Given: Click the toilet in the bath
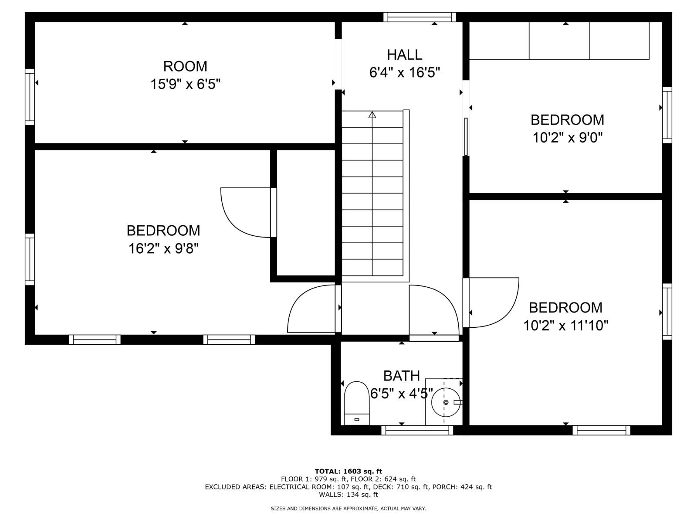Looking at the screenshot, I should (356, 402).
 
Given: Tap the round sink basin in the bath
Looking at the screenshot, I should (446, 402).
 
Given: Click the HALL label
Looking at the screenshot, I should (404, 55).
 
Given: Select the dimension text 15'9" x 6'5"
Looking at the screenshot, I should (185, 84).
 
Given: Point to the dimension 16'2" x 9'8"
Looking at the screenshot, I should (163, 249).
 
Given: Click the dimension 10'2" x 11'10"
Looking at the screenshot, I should (565, 326).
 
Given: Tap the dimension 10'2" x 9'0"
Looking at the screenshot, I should (567, 138).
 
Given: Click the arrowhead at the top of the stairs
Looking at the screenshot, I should (372, 115).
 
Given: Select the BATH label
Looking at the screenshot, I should (401, 376).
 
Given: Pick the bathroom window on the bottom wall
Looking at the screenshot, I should (417, 431).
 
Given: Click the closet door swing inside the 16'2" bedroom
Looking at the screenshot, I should (246, 212).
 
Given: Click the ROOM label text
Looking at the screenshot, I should (185, 66).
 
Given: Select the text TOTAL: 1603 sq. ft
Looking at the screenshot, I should (348, 471).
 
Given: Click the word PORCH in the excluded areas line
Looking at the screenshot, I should (443, 487).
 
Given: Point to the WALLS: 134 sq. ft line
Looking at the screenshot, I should (348, 495).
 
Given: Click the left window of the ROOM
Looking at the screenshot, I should (30, 97).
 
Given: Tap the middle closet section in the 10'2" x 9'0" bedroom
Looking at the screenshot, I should (559, 40).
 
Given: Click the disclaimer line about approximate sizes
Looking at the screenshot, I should (348, 509).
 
